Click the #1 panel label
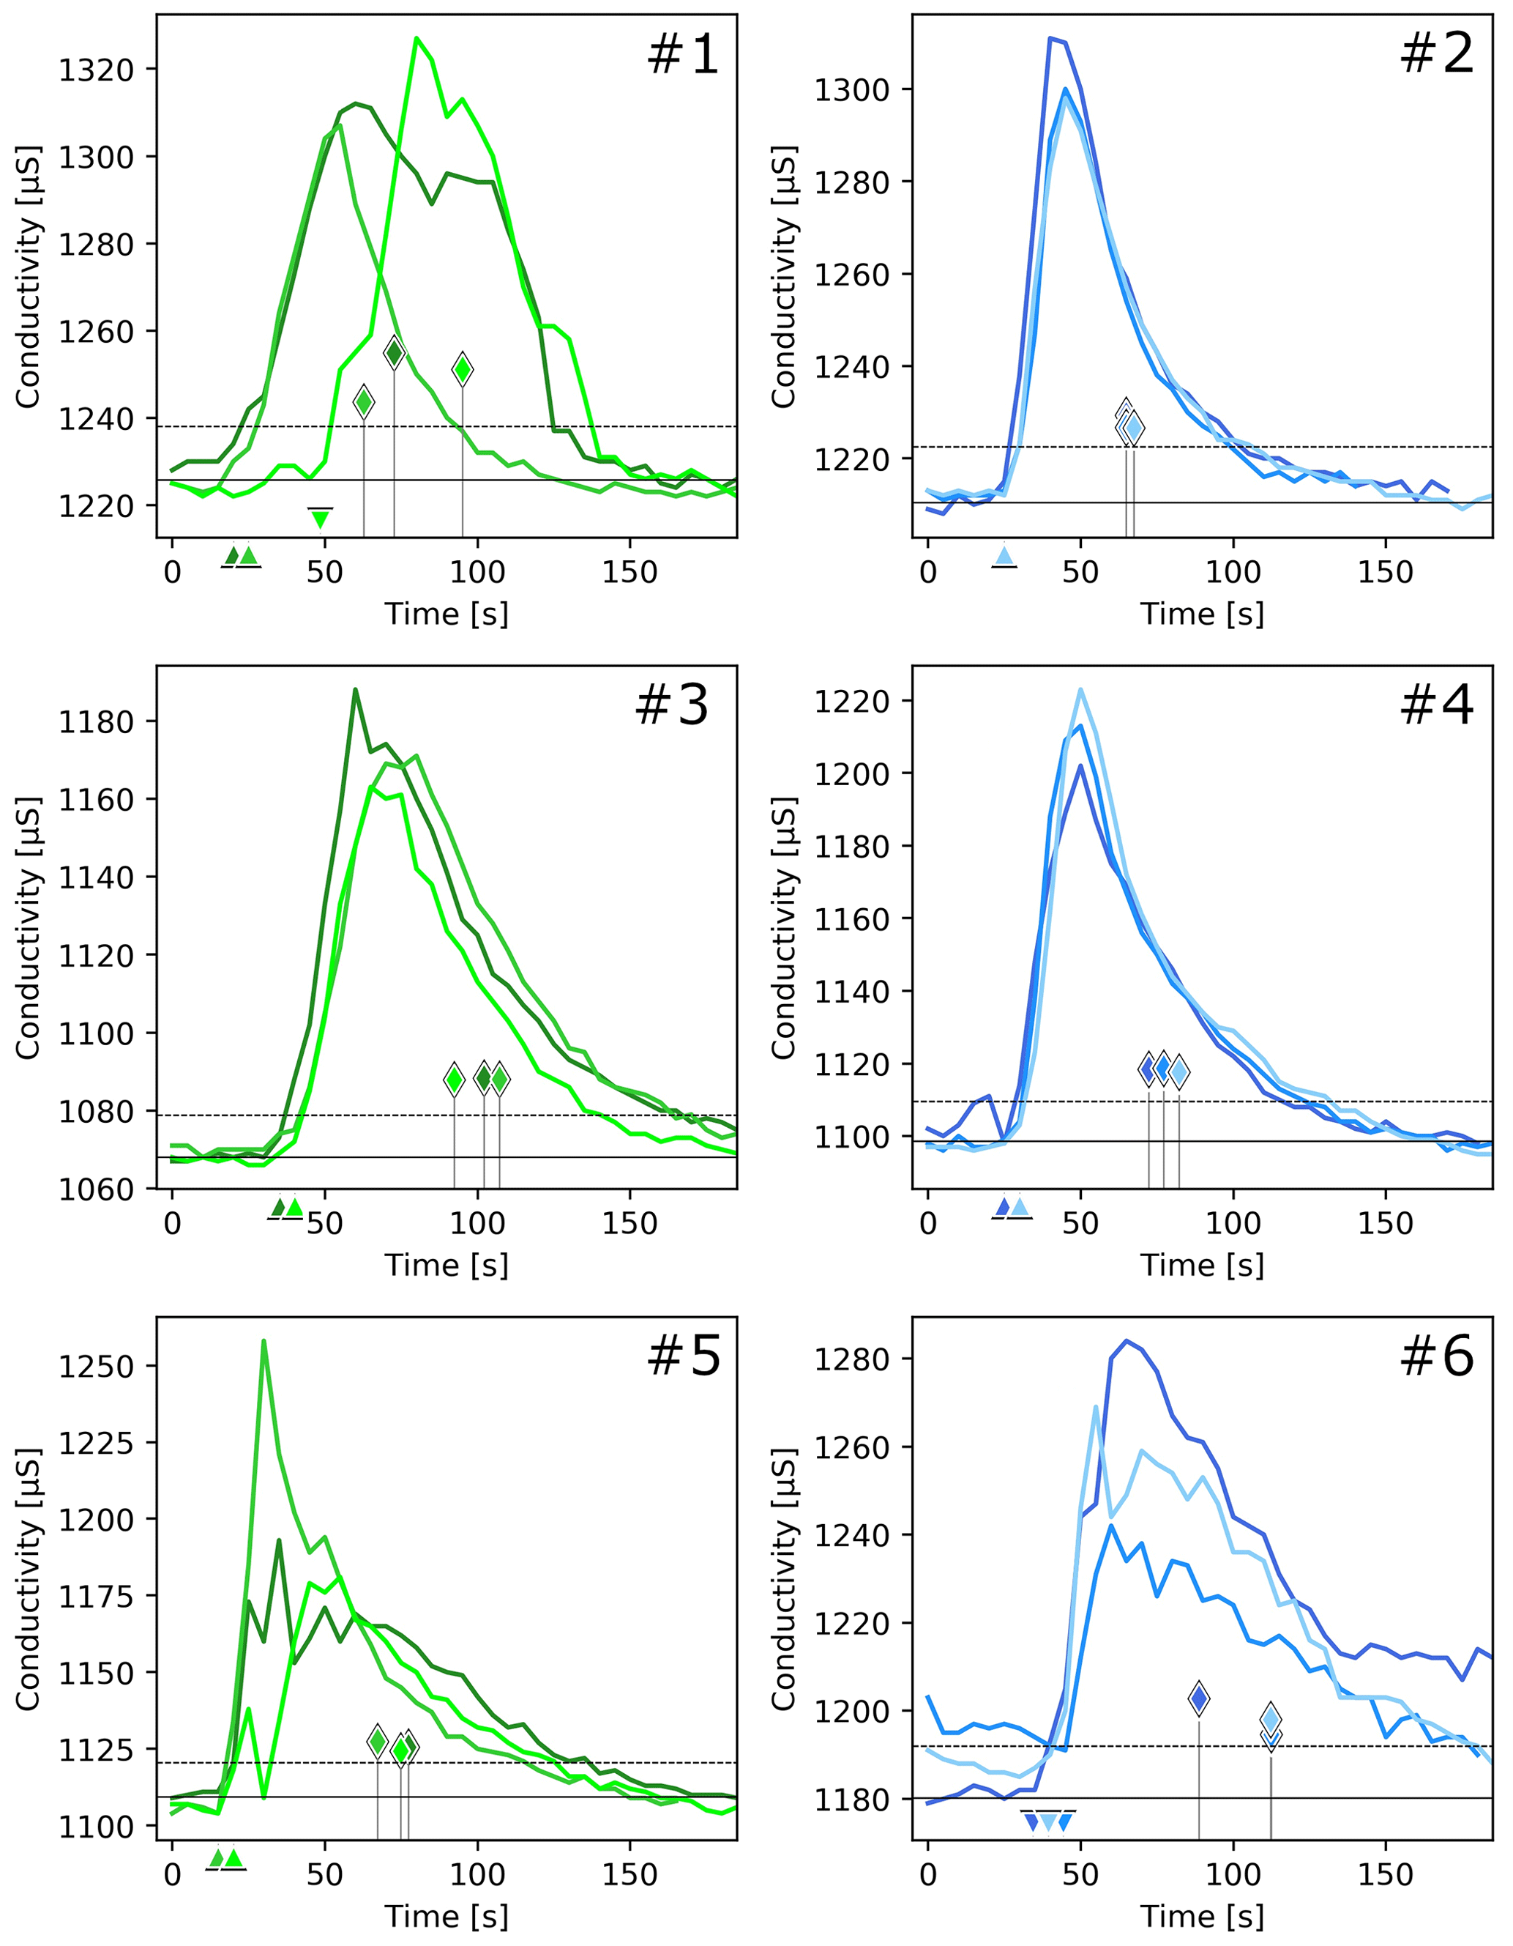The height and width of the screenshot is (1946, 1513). (683, 54)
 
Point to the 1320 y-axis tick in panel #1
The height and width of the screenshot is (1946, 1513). (95, 70)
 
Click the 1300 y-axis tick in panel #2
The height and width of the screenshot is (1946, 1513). (851, 90)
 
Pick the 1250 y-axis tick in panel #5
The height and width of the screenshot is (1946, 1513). (95, 1366)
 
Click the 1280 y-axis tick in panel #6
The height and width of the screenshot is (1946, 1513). (851, 1359)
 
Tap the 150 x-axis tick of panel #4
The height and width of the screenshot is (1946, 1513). (1385, 1223)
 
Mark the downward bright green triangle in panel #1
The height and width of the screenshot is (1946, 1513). (320, 519)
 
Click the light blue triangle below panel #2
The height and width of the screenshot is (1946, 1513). (1004, 556)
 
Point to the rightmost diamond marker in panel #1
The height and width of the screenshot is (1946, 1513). (462, 368)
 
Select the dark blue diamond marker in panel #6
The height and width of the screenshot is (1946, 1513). (1199, 1698)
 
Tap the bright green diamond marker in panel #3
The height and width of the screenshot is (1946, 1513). (454, 1079)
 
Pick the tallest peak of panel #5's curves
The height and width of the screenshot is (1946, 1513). (264, 1340)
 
